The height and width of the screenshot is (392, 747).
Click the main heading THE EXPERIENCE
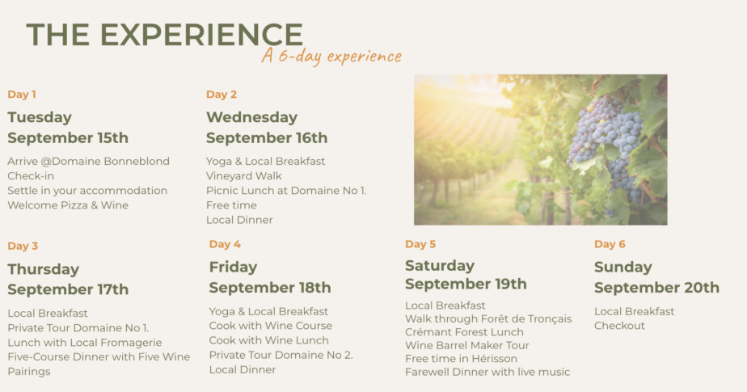pyautogui.click(x=164, y=35)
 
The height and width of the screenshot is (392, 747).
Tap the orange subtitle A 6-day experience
pyautogui.click(x=331, y=57)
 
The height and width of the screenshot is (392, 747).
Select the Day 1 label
pyautogui.click(x=22, y=95)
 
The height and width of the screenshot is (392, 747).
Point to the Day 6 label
pyautogui.click(x=610, y=244)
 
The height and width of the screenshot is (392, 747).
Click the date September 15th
pyautogui.click(x=68, y=138)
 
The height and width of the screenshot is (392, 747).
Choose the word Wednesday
pyautogui.click(x=252, y=117)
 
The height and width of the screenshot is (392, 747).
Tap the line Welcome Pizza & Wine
pyautogui.click(x=68, y=205)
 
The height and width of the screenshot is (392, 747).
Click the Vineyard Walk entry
pyautogui.click(x=244, y=176)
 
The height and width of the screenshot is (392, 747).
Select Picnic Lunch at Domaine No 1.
pyautogui.click(x=286, y=191)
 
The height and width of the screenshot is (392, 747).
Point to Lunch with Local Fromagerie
pyautogui.click(x=85, y=343)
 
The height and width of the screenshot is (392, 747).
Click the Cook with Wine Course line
pyautogui.click(x=271, y=326)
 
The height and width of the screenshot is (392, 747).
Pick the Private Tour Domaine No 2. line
pyautogui.click(x=281, y=355)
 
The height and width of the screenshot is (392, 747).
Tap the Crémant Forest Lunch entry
pyautogui.click(x=465, y=332)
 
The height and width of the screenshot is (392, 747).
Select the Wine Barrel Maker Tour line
pyautogui.click(x=467, y=345)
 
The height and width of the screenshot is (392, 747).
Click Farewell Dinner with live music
pyautogui.click(x=487, y=372)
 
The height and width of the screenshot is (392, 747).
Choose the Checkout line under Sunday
pyautogui.click(x=619, y=326)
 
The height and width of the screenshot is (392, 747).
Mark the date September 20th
pyautogui.click(x=657, y=288)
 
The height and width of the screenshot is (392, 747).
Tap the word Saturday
pyautogui.click(x=440, y=266)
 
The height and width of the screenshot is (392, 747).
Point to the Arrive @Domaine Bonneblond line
pyautogui.click(x=89, y=162)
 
